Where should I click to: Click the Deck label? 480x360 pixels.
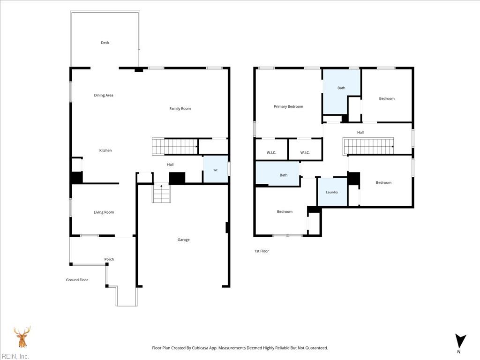tap(105, 43)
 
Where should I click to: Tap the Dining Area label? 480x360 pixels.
tap(104, 95)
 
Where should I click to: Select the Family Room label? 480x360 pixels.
tap(180, 108)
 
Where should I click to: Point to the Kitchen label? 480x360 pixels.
tap(105, 150)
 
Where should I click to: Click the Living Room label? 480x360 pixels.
tap(104, 212)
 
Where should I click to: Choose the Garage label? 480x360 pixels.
tap(183, 240)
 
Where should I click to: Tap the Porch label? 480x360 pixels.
tap(109, 259)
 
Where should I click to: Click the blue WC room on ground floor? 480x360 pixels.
tap(216, 170)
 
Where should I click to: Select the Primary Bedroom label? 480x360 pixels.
tap(288, 106)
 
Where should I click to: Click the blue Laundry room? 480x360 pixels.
tap(332, 192)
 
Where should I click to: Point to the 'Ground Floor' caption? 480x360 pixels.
tap(77, 280)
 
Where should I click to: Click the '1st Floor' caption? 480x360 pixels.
tap(262, 251)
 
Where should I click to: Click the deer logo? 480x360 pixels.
tap(22, 337)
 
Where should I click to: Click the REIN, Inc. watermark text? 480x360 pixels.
tap(15, 356)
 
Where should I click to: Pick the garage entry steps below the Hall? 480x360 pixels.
tap(161, 193)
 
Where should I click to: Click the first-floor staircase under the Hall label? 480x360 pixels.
tap(368, 146)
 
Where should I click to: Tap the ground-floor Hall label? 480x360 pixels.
tap(170, 165)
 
